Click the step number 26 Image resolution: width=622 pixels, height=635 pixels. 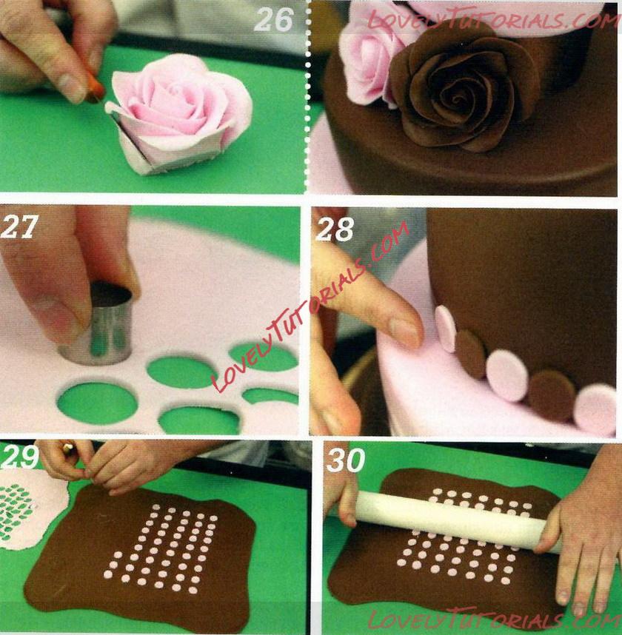click(273, 20)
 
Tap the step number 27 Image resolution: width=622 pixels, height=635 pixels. click(19, 226)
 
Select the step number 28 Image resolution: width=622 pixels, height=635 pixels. click(335, 229)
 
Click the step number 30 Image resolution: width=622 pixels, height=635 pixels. click(346, 460)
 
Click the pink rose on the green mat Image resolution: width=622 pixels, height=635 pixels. click(178, 115)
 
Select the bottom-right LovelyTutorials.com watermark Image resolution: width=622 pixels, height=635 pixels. click(494, 619)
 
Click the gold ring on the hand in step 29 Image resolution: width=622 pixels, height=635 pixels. click(67, 447)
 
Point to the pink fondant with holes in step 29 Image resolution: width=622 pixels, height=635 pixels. click(30, 511)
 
